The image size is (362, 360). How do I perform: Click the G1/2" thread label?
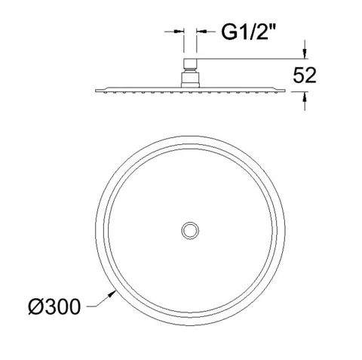click(x=248, y=32)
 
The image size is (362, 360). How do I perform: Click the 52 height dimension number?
click(x=305, y=75)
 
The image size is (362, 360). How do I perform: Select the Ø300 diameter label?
click(x=54, y=306)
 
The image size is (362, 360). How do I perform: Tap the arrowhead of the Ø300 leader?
click(x=112, y=294)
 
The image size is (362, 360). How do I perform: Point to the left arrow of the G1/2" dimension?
click(x=179, y=32)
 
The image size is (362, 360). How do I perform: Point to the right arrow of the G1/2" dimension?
click(x=202, y=32)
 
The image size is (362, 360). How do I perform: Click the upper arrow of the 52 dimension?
click(x=305, y=53)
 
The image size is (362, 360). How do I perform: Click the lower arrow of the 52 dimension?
click(x=305, y=97)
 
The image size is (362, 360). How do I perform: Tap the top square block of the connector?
click(x=190, y=63)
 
